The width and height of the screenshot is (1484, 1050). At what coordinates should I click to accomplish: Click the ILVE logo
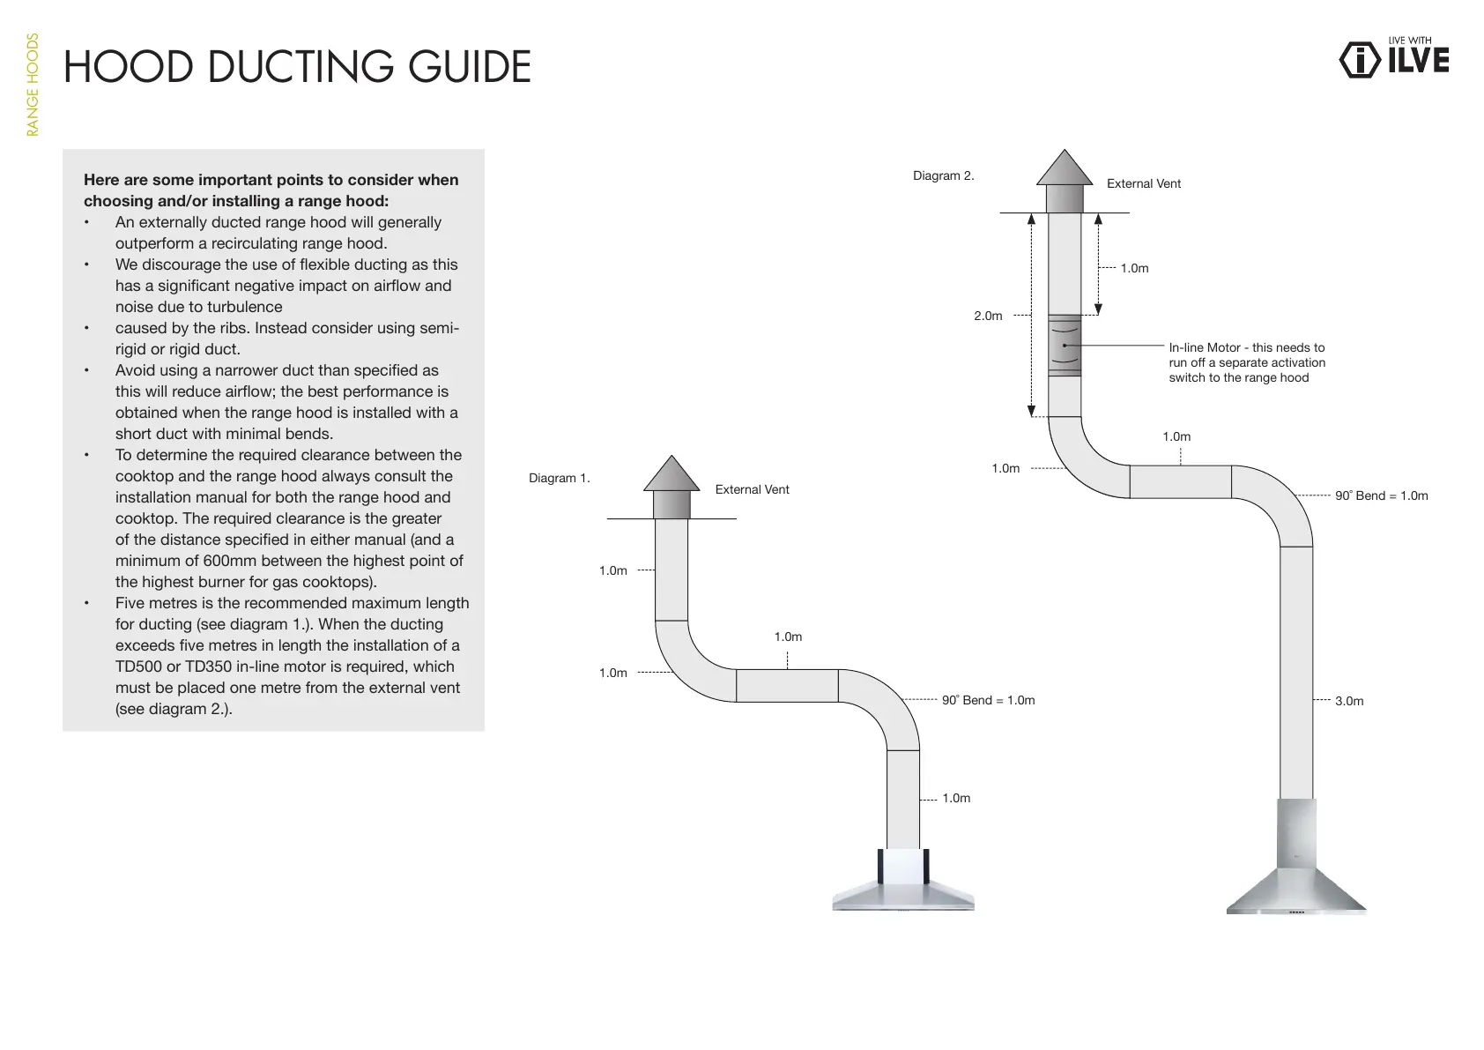1394,58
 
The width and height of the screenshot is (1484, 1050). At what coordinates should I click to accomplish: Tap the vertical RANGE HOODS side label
33,85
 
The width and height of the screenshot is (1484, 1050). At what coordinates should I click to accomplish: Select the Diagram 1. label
559,478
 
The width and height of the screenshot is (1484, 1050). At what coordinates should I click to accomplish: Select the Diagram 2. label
943,175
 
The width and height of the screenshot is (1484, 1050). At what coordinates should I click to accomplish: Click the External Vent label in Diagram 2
1143,183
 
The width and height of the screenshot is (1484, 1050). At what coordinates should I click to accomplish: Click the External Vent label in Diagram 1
752,489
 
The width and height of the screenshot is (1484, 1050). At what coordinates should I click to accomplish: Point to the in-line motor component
1065,346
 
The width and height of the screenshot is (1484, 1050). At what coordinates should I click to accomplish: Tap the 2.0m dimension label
988,316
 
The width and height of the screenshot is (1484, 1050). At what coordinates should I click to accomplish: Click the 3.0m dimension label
1348,701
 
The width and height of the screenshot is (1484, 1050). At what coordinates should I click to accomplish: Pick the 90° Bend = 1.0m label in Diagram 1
988,700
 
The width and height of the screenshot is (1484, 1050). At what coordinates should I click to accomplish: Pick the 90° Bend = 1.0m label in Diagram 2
1381,495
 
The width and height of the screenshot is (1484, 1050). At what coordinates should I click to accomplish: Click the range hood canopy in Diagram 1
903,890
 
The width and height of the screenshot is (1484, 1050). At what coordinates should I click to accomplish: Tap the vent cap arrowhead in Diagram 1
672,474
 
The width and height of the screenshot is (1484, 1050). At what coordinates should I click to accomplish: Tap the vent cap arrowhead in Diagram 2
1065,168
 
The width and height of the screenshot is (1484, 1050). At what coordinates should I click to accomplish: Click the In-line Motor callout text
1246,362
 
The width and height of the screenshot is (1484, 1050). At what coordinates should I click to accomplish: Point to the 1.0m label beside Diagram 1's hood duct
955,798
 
